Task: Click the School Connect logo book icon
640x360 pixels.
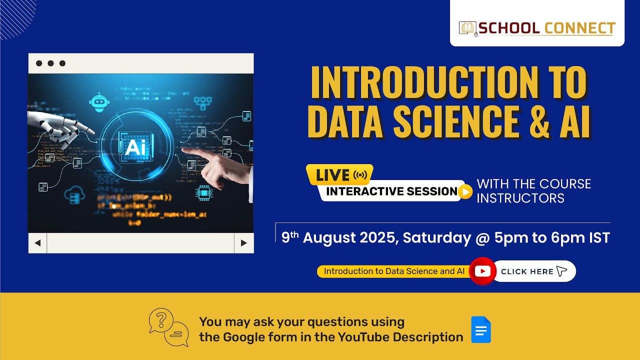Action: pos(468,28)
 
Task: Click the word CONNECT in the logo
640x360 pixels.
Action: pos(579,28)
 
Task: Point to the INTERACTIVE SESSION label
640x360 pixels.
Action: pos(391,191)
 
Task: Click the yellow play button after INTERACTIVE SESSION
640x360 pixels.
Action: pos(465,191)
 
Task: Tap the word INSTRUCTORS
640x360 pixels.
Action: pos(520,198)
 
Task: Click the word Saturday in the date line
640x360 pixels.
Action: pos(436,237)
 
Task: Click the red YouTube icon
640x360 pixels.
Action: pos(482,271)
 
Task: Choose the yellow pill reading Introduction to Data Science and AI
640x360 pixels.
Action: pos(394,271)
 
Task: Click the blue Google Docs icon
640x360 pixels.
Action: pos(481,330)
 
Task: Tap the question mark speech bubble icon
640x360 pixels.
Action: pos(161,320)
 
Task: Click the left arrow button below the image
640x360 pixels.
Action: pos(37,243)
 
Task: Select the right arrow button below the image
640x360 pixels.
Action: pos(244,243)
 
